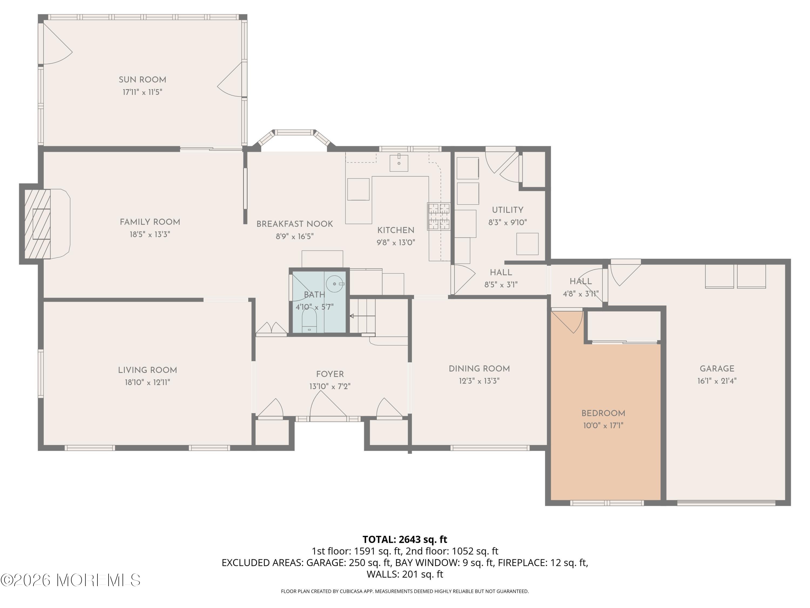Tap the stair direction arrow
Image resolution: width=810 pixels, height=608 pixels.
pyautogui.click(x=362, y=316)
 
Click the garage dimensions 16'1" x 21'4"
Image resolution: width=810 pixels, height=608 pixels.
pyautogui.click(x=717, y=381)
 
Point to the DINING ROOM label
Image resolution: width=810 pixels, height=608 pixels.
pyautogui.click(x=479, y=369)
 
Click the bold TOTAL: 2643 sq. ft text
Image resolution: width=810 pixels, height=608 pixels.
pyautogui.click(x=405, y=539)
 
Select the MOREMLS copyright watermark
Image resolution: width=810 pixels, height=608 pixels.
pyautogui.click(x=70, y=580)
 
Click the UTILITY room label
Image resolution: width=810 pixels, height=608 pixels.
pyautogui.click(x=507, y=210)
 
